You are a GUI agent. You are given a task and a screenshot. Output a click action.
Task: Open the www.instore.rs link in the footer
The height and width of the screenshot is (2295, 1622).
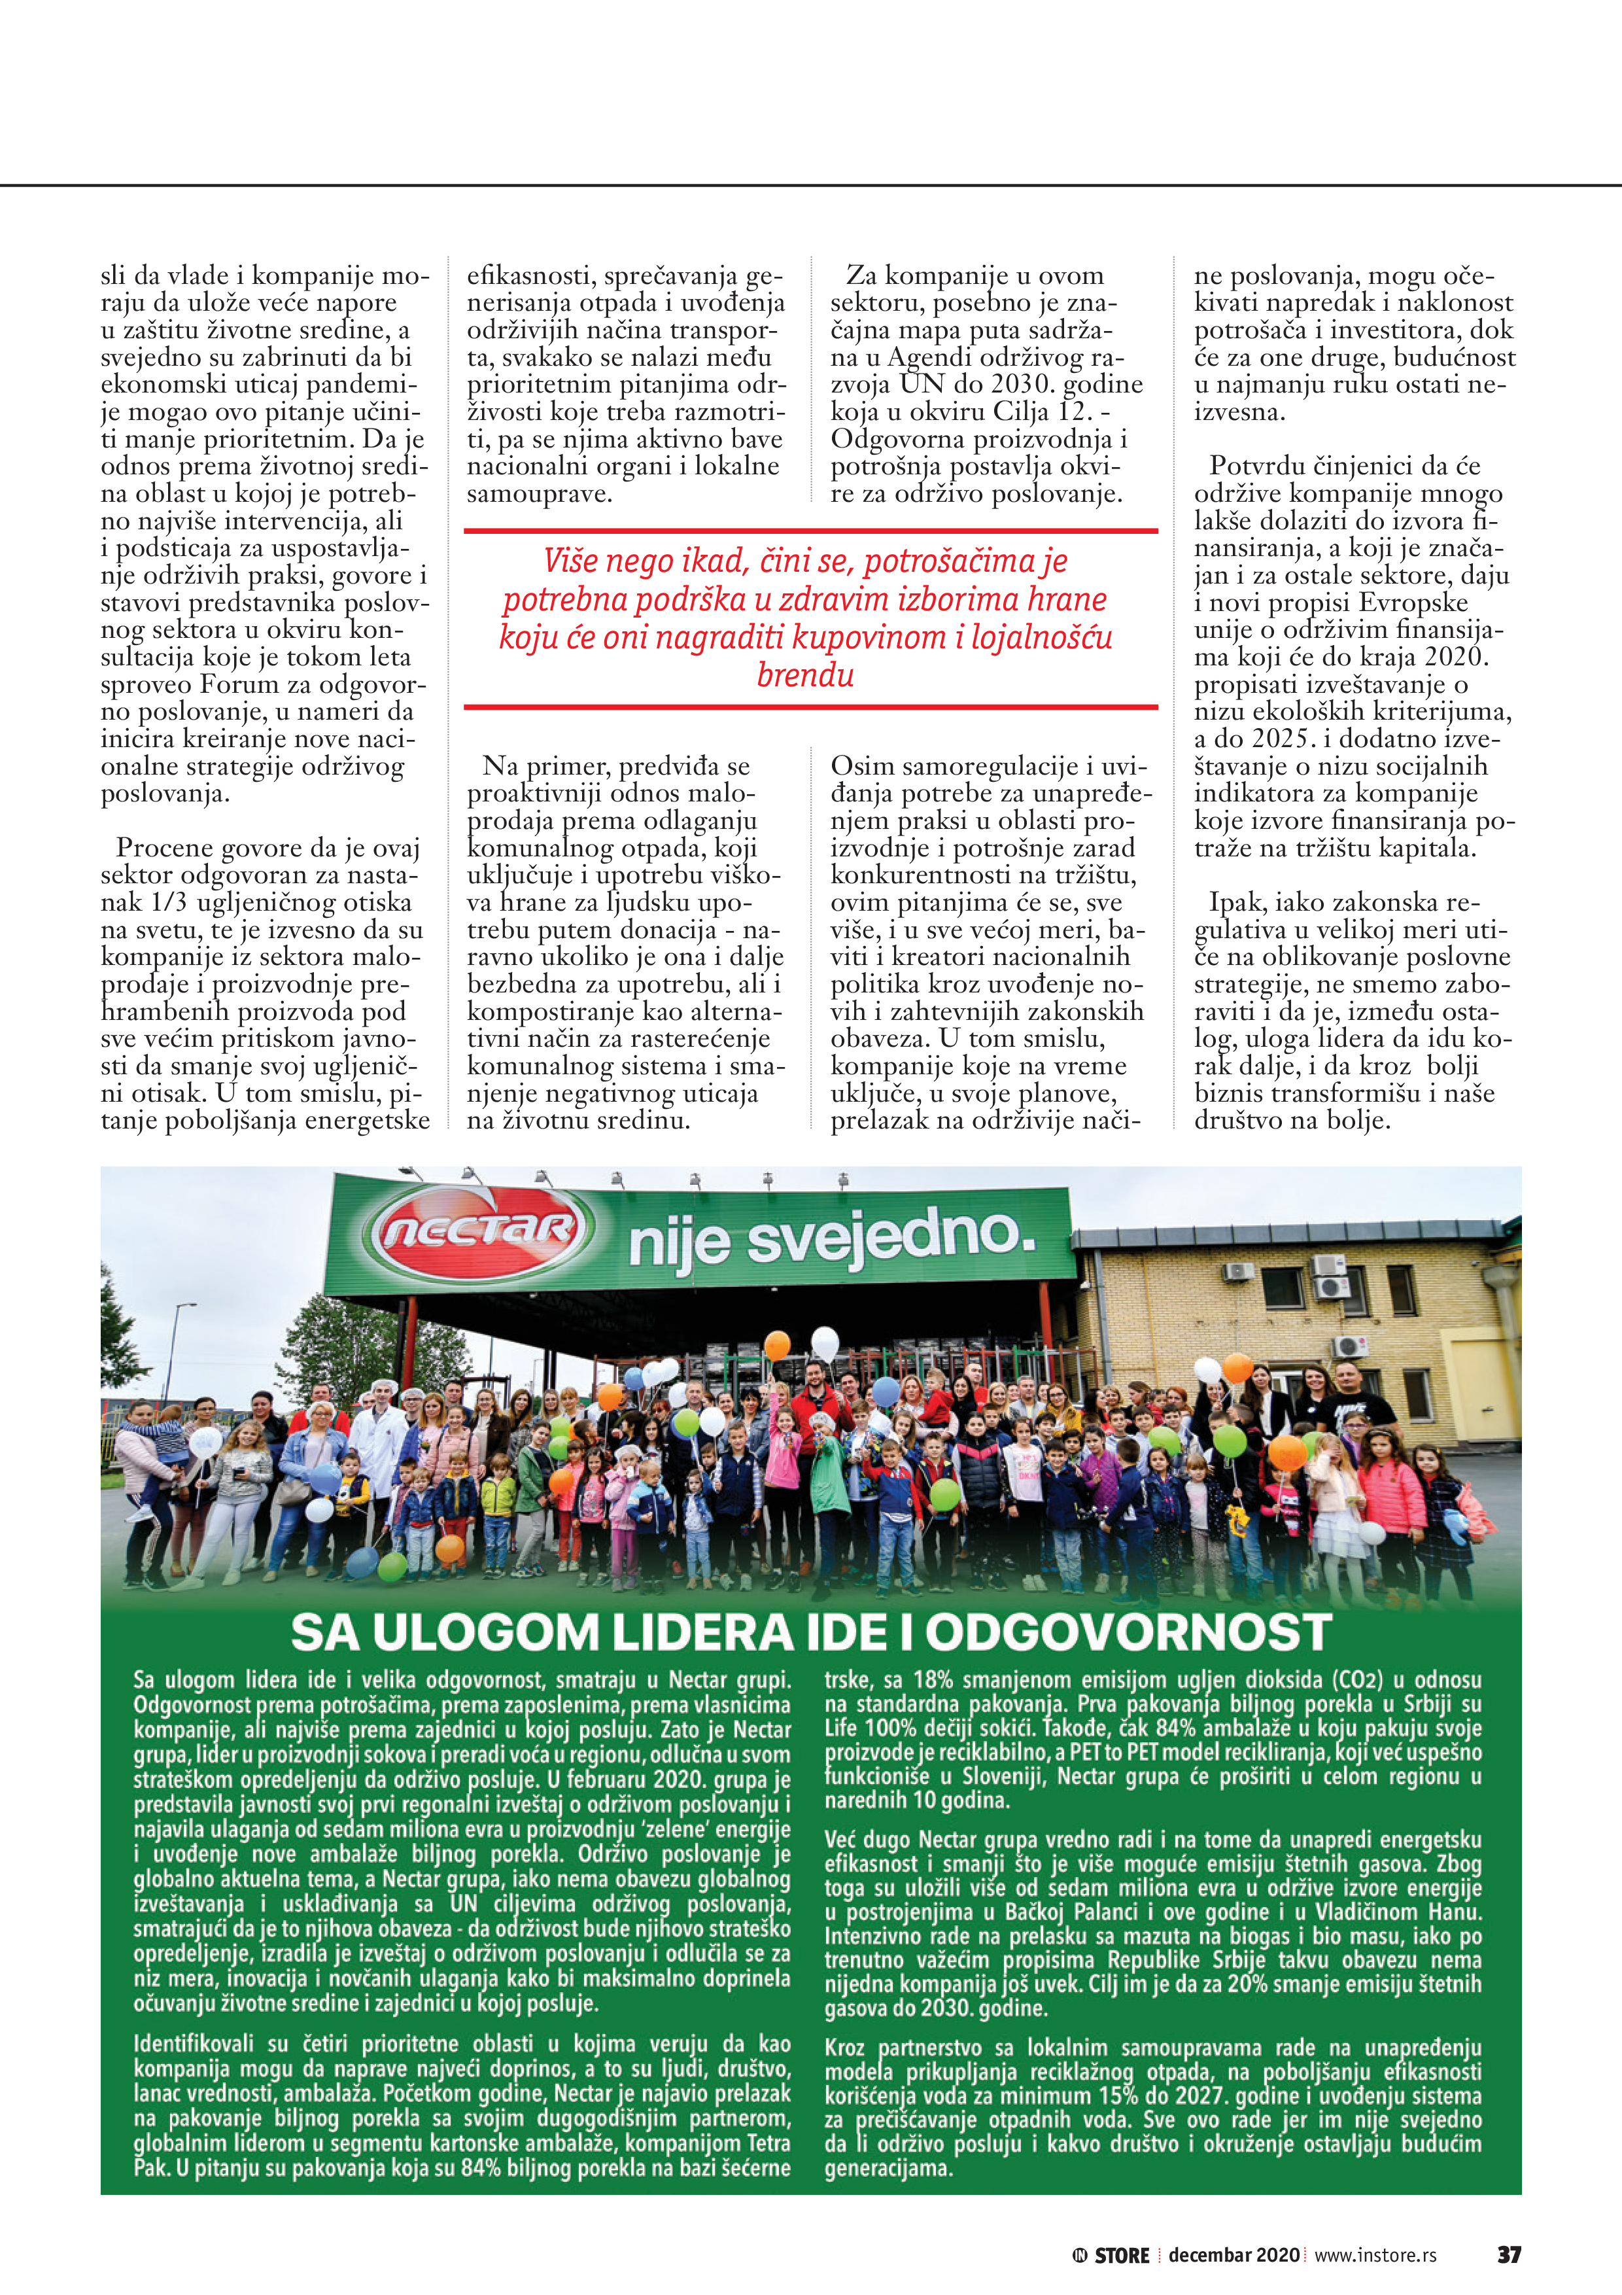click(1375, 2255)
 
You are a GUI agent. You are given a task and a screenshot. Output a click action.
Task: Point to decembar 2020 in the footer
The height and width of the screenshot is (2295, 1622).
click(1234, 2255)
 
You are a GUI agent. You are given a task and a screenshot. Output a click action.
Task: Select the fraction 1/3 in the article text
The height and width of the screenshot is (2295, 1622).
click(170, 903)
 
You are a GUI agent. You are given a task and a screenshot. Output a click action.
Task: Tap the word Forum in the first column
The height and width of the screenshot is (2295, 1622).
click(236, 685)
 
